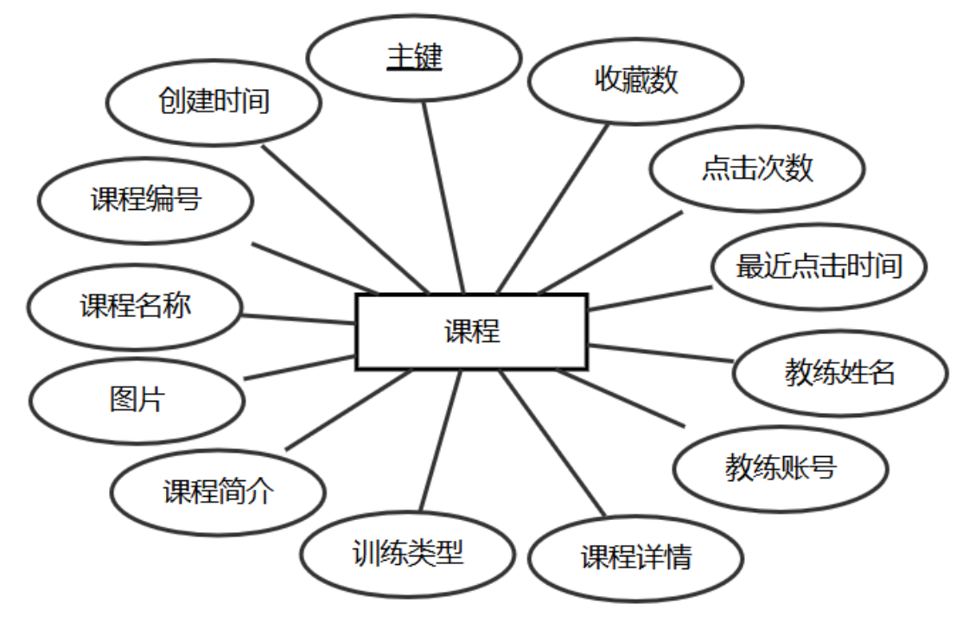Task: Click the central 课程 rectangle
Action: coord(472,331)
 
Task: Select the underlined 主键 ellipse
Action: coord(414,58)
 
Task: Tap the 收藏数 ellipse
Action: coord(636,80)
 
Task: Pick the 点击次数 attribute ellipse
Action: coord(757,168)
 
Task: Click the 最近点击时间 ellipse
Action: coord(819,265)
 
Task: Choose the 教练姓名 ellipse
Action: coord(839,372)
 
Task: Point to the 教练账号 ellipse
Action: coord(781,468)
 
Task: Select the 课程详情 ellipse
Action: coord(635,557)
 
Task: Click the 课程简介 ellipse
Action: coord(219,492)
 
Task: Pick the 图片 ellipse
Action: coord(137,400)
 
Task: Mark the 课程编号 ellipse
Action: coord(145,200)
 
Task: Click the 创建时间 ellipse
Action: coord(214,101)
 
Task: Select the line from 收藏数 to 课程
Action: coord(553,207)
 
